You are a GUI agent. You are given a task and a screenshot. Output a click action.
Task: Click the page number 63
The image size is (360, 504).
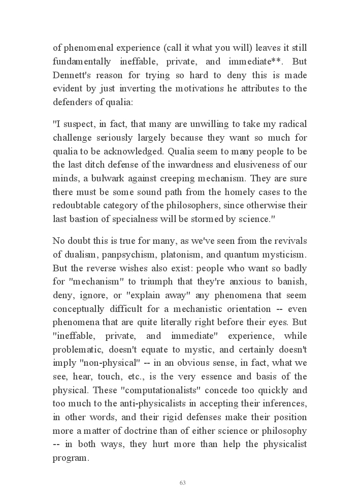tap(183, 483)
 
